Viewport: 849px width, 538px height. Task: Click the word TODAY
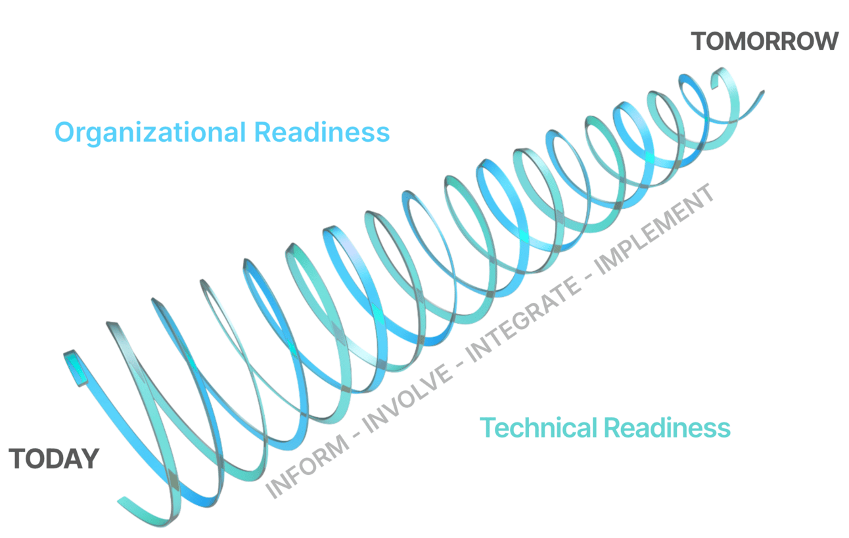coord(54,459)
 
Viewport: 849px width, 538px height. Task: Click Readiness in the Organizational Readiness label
coord(321,132)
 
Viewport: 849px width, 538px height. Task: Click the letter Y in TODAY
coord(91,459)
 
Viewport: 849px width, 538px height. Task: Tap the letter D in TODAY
coord(55,459)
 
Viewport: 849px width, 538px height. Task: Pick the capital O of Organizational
coord(64,132)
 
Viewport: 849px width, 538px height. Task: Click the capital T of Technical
coord(487,428)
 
